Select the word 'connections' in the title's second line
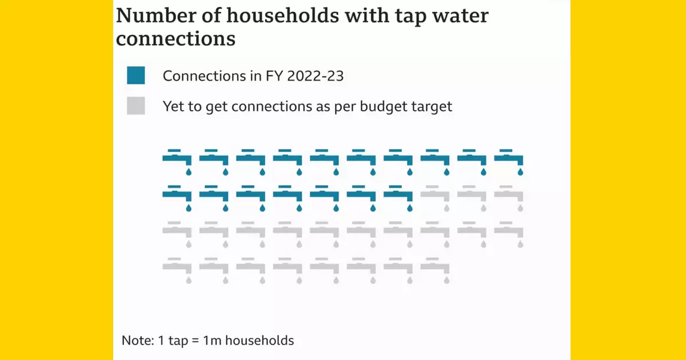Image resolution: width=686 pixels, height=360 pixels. click(x=176, y=39)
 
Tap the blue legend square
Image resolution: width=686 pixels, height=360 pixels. click(x=136, y=75)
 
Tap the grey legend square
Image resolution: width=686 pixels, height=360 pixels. click(x=136, y=106)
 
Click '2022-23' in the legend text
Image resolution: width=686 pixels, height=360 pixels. click(x=317, y=76)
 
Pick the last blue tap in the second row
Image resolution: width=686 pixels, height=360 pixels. click(x=398, y=195)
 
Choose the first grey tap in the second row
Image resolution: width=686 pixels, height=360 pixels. click(x=435, y=195)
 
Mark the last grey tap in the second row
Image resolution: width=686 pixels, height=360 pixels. click(x=509, y=195)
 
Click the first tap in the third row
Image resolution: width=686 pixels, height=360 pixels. click(x=177, y=232)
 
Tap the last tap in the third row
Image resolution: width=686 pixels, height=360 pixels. click(x=509, y=232)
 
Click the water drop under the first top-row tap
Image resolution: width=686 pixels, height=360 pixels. click(x=189, y=171)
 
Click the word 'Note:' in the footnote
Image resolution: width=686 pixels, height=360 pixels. click(x=138, y=341)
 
